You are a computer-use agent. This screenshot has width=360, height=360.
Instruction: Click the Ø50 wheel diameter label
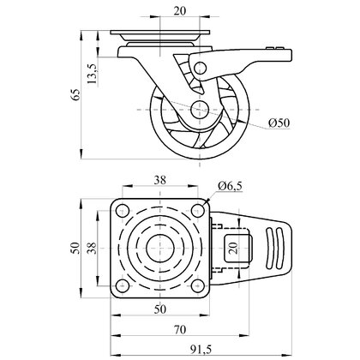point(279,123)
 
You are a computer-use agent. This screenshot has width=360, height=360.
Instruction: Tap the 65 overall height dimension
point(75,94)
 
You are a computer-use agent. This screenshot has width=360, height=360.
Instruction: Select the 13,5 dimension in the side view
point(92,74)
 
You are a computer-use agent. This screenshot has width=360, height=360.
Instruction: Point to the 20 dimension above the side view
point(180,11)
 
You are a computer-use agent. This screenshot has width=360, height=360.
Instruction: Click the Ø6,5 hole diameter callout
point(230,186)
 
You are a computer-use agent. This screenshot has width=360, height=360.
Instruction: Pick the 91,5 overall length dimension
point(201,349)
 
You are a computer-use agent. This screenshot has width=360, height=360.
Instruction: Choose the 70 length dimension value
point(180,330)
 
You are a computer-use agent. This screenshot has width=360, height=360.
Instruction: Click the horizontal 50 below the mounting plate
point(160,309)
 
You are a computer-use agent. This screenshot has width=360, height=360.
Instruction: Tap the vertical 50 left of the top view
point(75,248)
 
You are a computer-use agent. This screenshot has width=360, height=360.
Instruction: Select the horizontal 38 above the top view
point(160,180)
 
